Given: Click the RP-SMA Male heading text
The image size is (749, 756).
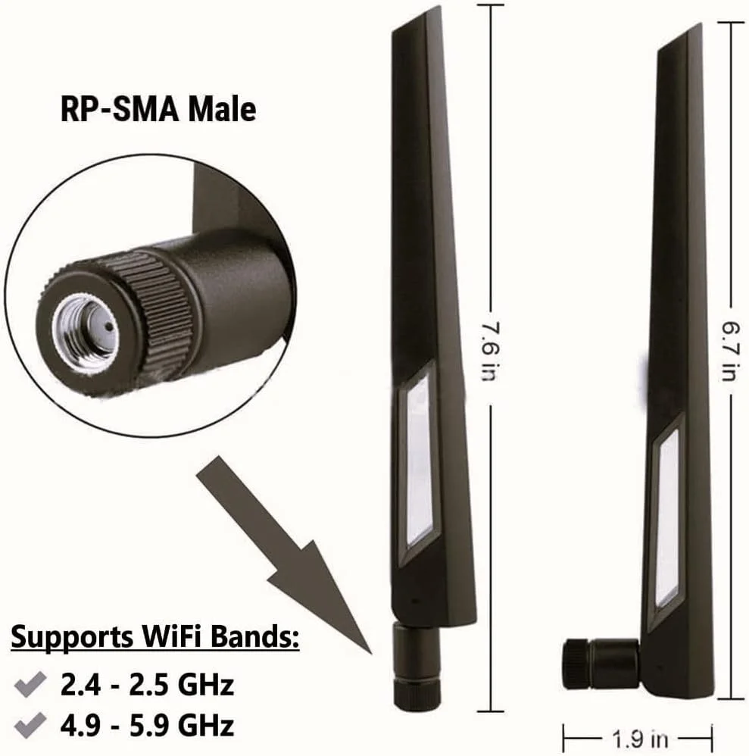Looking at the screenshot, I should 158,109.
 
